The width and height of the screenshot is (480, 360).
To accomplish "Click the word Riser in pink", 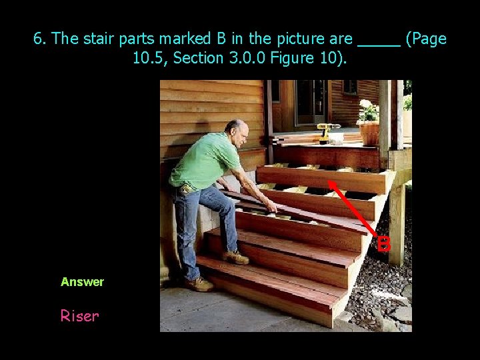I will point(79,316).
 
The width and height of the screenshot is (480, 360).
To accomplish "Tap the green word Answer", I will point(82,282).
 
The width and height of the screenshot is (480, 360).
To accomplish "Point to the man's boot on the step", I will point(236,257).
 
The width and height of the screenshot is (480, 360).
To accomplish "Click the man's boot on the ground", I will point(199,284).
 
